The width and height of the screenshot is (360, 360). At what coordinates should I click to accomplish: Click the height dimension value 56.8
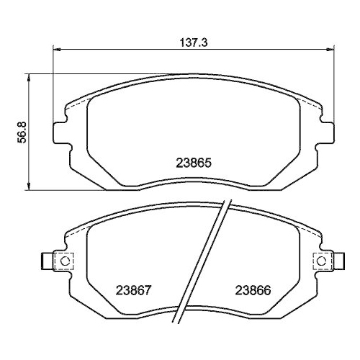22,132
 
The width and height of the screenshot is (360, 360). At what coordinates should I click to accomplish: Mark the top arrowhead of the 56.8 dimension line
29,76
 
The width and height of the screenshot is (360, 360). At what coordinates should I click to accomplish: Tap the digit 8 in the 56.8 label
22,122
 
